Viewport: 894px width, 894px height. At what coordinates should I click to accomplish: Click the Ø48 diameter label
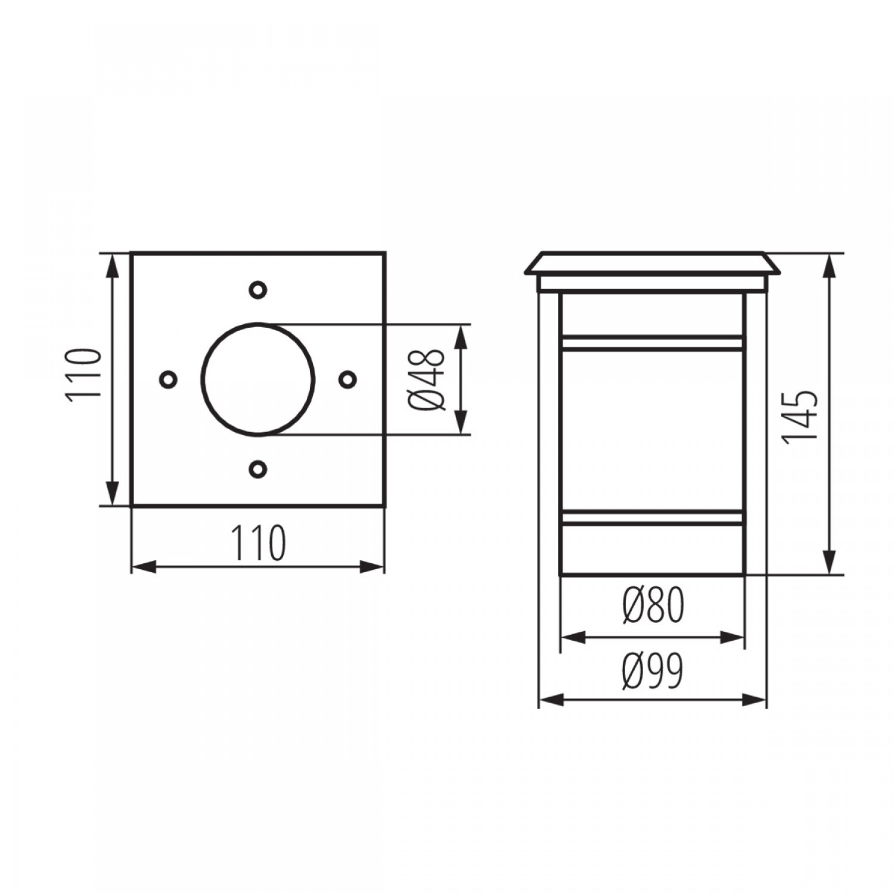pyautogui.click(x=427, y=380)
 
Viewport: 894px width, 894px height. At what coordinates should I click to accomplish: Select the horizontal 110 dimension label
pyautogui.click(x=258, y=542)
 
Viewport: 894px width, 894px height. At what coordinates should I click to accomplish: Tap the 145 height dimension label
pyautogui.click(x=799, y=417)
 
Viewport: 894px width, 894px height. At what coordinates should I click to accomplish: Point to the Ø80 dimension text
pyautogui.click(x=653, y=604)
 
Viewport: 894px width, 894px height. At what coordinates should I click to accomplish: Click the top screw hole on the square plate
pyautogui.click(x=257, y=290)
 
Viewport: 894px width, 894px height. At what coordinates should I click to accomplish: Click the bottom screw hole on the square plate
pyautogui.click(x=257, y=468)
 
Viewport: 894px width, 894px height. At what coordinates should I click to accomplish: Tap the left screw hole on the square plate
pyautogui.click(x=168, y=379)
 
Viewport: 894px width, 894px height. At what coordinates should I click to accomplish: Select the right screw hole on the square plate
pyautogui.click(x=347, y=379)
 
